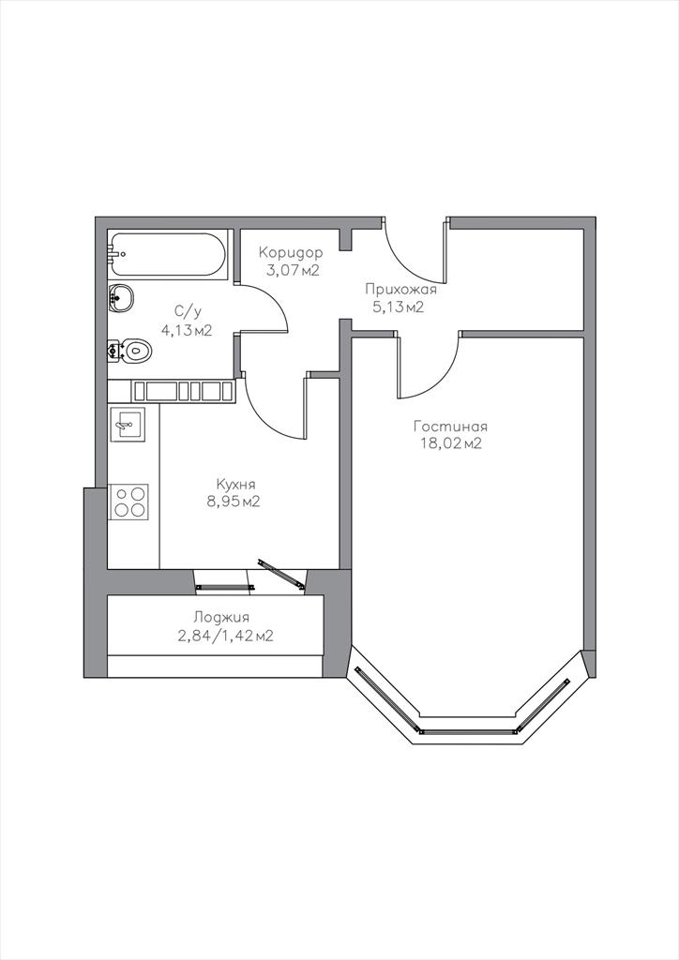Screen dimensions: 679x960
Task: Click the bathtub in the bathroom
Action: click(x=167, y=255)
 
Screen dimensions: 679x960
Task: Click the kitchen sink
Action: click(x=128, y=424)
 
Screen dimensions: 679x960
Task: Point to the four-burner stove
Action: click(x=129, y=502)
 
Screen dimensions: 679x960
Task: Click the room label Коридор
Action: click(x=290, y=253)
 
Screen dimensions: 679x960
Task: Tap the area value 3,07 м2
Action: click(x=293, y=270)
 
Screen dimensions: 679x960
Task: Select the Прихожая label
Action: click(x=401, y=290)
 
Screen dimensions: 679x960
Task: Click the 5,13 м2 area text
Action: click(x=399, y=307)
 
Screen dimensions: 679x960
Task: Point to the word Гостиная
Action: click(x=450, y=427)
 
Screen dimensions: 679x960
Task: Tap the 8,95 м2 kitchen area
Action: click(x=234, y=502)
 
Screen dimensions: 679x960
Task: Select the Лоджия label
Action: click(x=221, y=618)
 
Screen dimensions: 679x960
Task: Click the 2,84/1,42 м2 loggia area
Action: click(x=225, y=637)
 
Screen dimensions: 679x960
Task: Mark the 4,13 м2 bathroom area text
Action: click(x=187, y=331)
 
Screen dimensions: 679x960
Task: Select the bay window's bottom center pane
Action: click(x=468, y=730)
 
